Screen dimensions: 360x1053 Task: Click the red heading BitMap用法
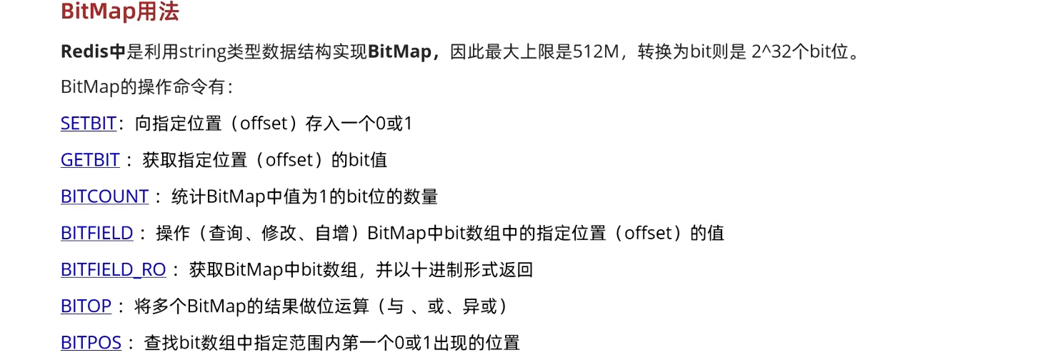[x=119, y=12]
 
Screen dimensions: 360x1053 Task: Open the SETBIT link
[x=88, y=123]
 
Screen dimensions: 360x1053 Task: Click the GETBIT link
[x=90, y=160]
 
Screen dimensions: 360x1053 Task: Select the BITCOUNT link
[x=104, y=196]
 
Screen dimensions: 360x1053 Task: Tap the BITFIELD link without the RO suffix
[x=96, y=233]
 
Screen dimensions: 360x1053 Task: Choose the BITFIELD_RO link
[x=113, y=269]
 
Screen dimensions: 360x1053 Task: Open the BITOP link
[x=86, y=306]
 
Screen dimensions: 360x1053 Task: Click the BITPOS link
[x=91, y=342]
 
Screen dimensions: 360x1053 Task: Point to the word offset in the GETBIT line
[x=289, y=160]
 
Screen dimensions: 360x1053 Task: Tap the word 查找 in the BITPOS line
[x=158, y=342]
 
